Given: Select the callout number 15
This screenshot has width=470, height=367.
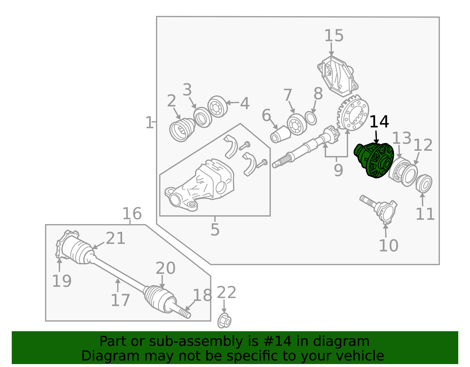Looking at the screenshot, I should click(334, 36).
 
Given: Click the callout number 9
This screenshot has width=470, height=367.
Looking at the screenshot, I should click(338, 170).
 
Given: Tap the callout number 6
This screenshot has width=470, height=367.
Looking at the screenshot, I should click(266, 115).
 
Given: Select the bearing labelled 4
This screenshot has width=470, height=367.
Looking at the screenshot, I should click(218, 106).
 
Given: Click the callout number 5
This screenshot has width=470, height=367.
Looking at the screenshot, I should click(215, 229).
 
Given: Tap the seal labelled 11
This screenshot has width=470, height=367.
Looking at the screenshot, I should click(424, 184).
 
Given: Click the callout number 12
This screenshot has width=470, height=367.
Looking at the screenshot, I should click(423, 145).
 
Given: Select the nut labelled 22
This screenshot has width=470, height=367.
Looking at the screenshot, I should click(224, 321).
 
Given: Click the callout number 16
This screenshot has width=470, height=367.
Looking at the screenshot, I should click(132, 214).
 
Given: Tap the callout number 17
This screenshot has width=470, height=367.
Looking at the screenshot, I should click(120, 300).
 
